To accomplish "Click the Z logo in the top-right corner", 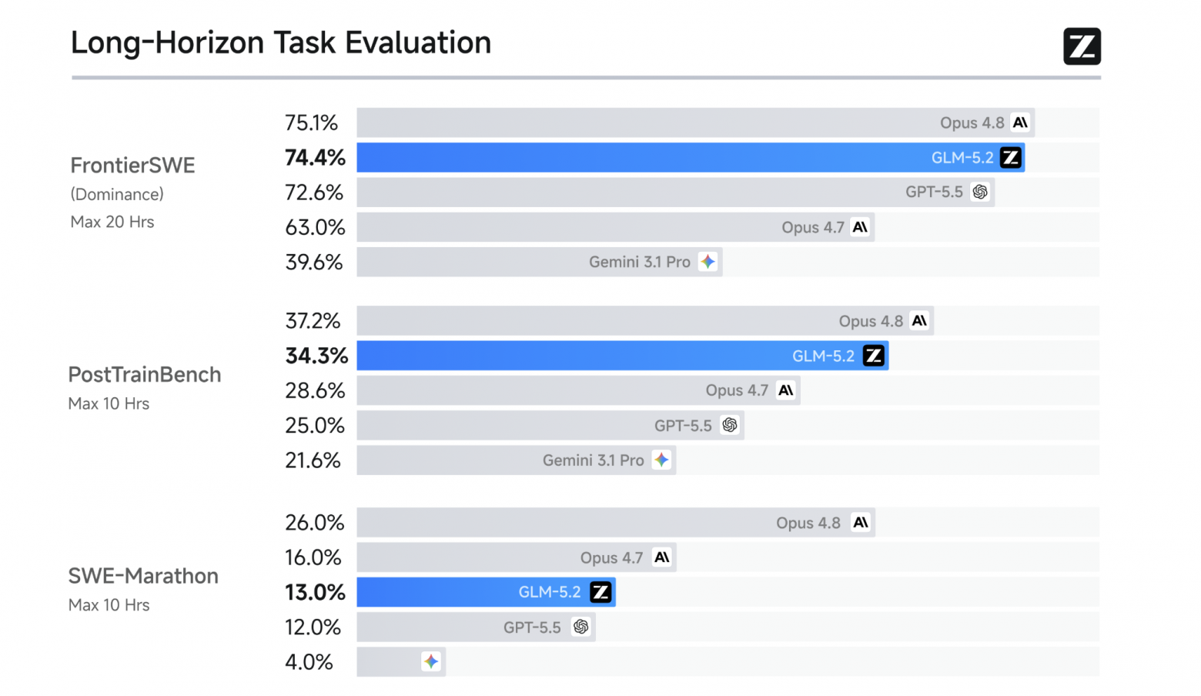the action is [1082, 46].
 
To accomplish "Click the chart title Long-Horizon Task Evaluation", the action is [281, 42].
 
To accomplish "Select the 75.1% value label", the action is [311, 122].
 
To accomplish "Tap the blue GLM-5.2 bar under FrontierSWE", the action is [691, 158].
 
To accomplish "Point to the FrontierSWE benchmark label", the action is [132, 166].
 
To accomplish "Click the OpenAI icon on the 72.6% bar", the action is [979, 192].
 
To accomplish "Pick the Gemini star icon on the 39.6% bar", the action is [708, 262].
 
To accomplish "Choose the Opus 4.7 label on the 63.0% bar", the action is [813, 227].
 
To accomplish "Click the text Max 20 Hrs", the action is [112, 222].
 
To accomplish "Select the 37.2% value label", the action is [313, 321].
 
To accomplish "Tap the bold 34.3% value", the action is [316, 356].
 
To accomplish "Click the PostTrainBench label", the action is [144, 375].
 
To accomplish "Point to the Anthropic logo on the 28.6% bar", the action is [785, 390].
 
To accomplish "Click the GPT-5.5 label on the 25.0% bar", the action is [683, 426].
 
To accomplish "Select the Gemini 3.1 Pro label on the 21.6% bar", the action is [593, 460].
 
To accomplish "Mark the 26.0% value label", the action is [314, 523].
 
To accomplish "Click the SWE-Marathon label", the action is [143, 576].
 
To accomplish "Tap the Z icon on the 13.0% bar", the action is [600, 592].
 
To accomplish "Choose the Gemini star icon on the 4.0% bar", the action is [431, 661].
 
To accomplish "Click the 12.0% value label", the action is [313, 627].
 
